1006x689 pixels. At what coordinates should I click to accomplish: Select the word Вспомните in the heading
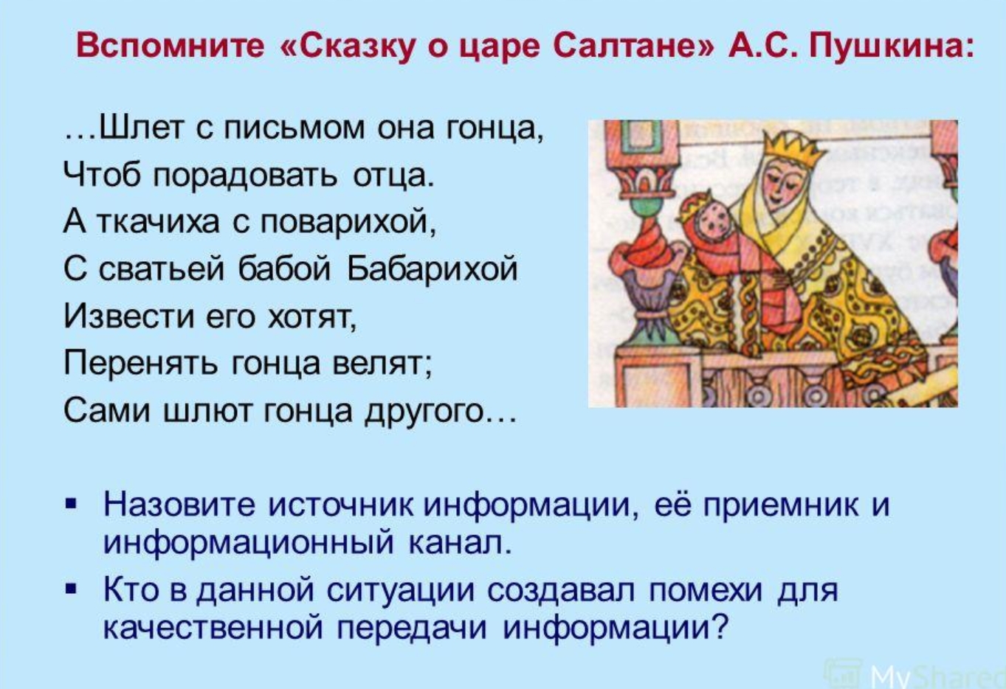170,46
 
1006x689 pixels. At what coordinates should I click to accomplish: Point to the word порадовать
245,176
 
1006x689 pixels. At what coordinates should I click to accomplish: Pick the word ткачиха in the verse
158,223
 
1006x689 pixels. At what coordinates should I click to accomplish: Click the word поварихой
348,223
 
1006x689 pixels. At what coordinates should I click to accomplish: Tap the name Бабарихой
433,269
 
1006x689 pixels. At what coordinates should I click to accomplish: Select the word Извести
130,316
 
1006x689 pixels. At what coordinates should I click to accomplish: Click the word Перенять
141,364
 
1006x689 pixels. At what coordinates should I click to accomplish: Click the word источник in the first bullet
340,505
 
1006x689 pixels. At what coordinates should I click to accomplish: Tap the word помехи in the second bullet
706,590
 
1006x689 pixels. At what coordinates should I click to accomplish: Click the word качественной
213,628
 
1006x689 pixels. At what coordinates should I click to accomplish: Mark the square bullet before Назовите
71,504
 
